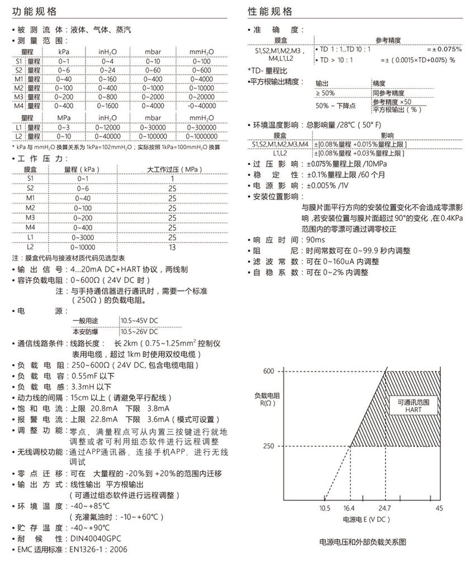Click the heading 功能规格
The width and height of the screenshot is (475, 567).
click(x=34, y=11)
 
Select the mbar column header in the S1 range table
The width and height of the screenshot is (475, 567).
click(x=153, y=52)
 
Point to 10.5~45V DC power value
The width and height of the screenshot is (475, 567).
click(x=139, y=320)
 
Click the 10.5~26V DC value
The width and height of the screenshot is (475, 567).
click(x=139, y=332)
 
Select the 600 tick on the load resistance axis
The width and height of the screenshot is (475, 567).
click(x=269, y=371)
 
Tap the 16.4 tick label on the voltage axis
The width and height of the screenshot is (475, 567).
click(x=349, y=508)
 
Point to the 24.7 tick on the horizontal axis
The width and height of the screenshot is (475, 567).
click(x=385, y=508)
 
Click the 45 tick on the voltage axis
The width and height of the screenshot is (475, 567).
click(x=439, y=508)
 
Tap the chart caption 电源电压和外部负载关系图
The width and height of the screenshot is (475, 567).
click(x=362, y=542)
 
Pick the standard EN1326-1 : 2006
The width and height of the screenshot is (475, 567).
click(x=98, y=549)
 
